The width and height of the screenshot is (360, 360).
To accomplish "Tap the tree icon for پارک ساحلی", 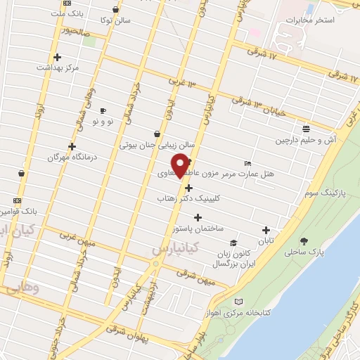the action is [x=304, y=240].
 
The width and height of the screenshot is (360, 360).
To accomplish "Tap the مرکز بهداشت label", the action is [x=57, y=68].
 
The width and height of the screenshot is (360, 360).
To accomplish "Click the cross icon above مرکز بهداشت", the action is [x=57, y=57].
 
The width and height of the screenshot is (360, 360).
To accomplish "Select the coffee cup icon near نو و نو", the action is [x=103, y=110].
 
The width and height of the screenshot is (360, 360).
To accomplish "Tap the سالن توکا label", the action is [x=115, y=21].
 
